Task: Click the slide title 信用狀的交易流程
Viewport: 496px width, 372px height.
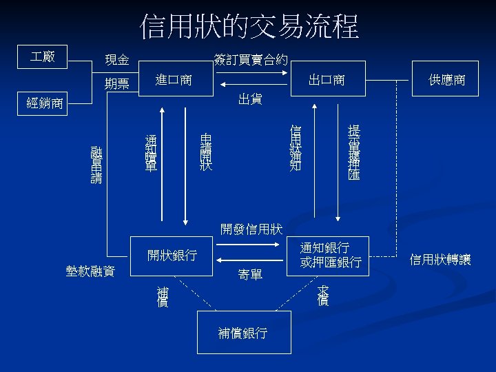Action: click(x=249, y=28)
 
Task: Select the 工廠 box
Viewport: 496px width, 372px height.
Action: click(x=43, y=56)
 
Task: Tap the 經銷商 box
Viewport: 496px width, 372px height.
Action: click(x=43, y=104)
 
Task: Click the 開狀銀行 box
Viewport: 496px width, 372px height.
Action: click(x=172, y=256)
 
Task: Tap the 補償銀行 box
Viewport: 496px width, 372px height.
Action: click(x=243, y=333)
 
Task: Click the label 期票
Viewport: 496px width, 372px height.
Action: click(x=116, y=84)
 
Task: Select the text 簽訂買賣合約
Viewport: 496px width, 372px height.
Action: click(x=251, y=60)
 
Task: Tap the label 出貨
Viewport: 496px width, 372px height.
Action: click(x=249, y=99)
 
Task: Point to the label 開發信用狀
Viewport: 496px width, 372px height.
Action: click(x=251, y=228)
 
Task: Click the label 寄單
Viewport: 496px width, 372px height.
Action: click(x=249, y=275)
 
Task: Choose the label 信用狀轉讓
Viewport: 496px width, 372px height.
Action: click(x=440, y=259)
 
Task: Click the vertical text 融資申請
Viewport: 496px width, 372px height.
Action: click(x=96, y=164)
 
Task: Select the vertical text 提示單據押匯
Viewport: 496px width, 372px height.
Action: click(x=354, y=153)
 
